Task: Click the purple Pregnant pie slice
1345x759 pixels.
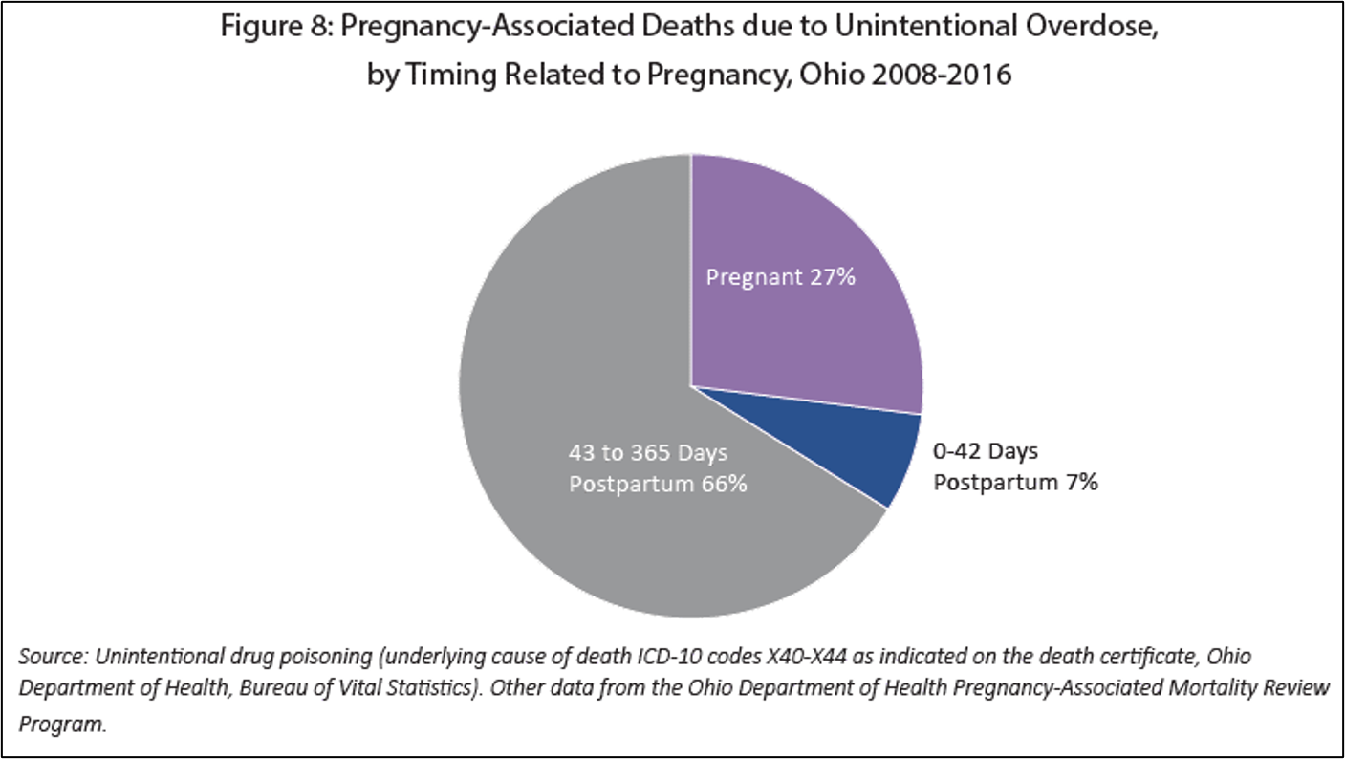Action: (x=813, y=325)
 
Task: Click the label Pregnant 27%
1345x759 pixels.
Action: (x=780, y=277)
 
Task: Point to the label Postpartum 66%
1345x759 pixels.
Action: (x=658, y=484)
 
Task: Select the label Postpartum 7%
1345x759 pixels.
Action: (x=1015, y=482)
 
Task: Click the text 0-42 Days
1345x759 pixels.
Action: (x=986, y=450)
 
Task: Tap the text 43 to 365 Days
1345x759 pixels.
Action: (x=648, y=452)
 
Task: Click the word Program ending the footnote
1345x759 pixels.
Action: (x=61, y=724)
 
